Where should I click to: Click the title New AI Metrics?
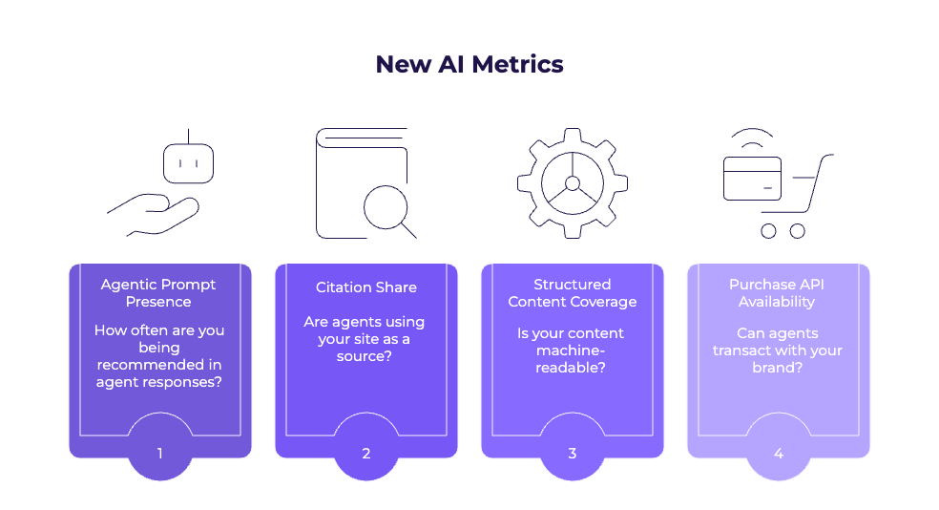tap(469, 65)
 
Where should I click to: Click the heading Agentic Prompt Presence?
tap(158, 293)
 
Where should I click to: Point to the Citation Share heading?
tap(366, 287)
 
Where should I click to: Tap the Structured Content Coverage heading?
tap(573, 293)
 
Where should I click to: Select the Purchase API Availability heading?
tap(777, 293)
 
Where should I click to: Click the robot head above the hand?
tap(188, 163)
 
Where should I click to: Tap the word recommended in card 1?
tap(159, 365)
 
